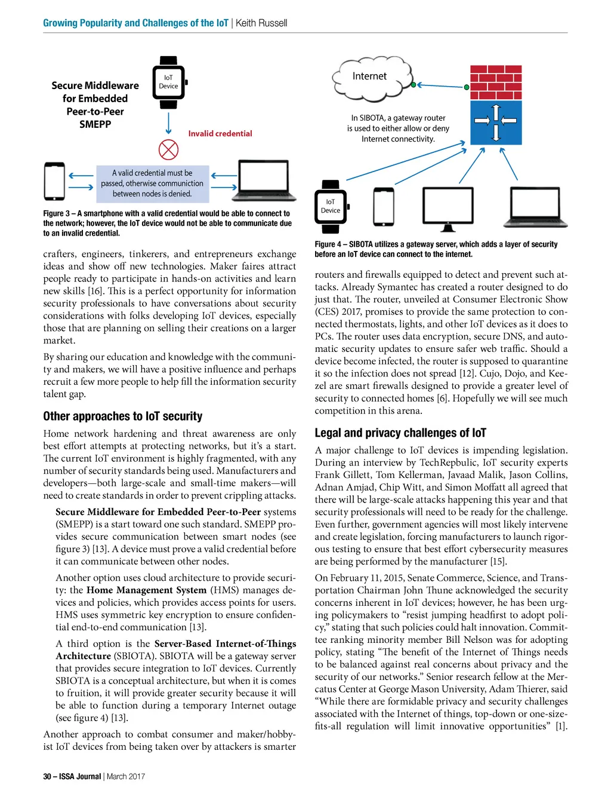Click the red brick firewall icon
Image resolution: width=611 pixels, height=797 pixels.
496,83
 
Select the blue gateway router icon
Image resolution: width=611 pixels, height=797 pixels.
496,122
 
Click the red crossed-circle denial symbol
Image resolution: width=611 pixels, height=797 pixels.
168,149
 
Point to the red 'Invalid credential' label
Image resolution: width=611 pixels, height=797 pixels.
220,134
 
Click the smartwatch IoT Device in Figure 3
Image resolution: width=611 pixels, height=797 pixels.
169,82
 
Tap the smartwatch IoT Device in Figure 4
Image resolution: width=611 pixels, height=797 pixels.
331,206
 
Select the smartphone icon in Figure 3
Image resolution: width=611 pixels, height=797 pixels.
54,181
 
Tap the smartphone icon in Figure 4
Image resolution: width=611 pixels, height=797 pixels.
383,206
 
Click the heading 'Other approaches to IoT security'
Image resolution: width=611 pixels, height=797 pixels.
122,416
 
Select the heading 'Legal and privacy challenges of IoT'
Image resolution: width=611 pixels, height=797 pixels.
400,433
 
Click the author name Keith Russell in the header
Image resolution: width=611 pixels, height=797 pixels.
261,23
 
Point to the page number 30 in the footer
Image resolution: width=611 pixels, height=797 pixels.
47,776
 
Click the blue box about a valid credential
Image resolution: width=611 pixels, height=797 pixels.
152,183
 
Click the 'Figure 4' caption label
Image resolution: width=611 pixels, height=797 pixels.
328,244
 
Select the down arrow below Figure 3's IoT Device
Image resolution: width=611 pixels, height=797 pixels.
168,124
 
